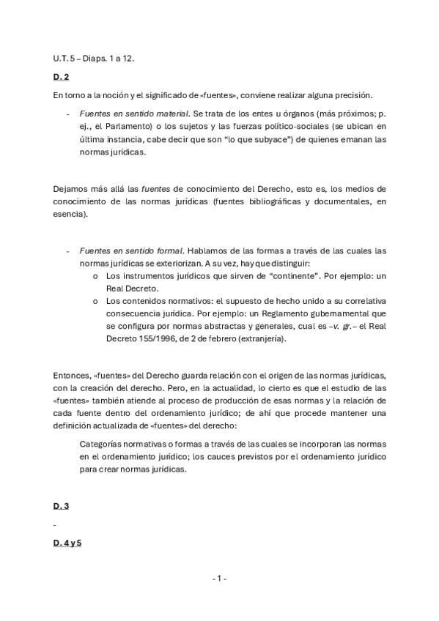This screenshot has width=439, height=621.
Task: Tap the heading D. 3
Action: (61, 506)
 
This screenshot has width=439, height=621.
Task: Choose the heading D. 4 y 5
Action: (67, 544)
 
